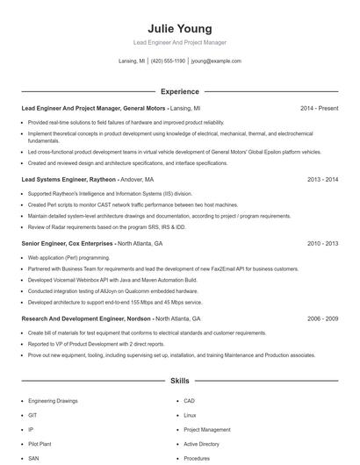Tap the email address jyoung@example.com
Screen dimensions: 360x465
tap(215, 61)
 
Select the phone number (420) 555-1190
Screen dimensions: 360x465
tap(168, 61)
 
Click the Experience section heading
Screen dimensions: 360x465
tap(179, 91)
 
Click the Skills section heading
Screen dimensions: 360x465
tap(179, 382)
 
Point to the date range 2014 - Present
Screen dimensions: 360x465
tap(319, 108)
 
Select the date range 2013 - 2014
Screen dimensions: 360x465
tap(322, 179)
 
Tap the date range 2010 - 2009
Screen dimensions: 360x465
tap(322, 243)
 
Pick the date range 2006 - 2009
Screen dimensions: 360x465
tap(322, 318)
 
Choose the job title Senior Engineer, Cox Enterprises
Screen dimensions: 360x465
tap(68, 243)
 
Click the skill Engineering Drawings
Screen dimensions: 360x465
tap(53, 400)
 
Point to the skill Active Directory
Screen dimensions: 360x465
tap(201, 444)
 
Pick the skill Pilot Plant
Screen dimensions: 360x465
tap(40, 444)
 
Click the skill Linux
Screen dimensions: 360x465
tap(190, 415)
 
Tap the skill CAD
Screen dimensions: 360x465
tap(189, 400)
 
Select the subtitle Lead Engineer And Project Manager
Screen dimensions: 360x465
tap(179, 43)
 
